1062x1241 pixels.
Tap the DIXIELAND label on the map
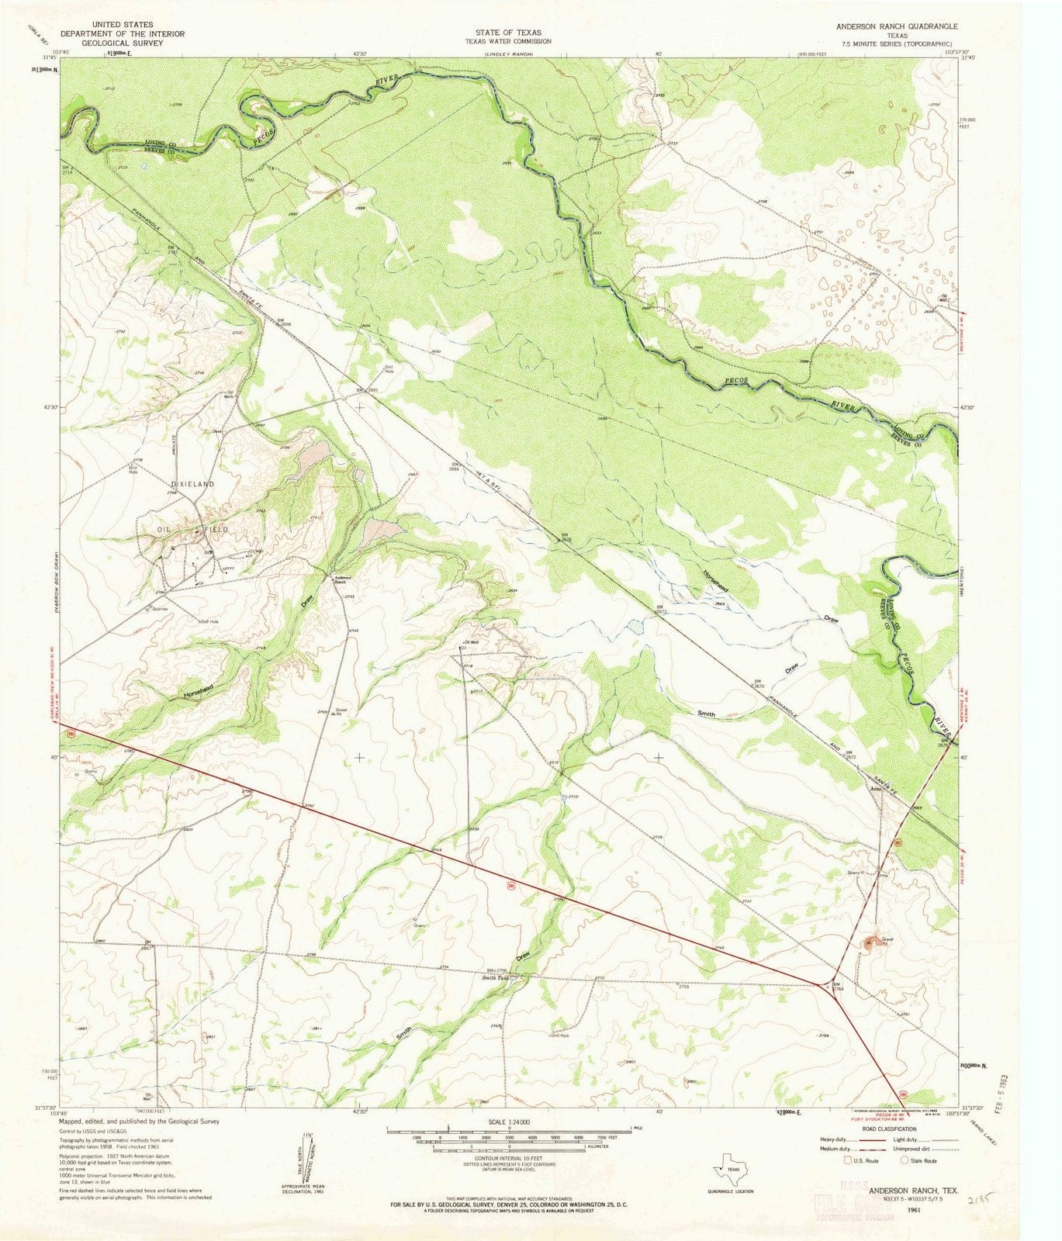coord(192,483)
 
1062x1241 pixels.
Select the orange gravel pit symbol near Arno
coord(868,942)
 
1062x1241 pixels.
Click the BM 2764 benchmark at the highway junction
coord(837,987)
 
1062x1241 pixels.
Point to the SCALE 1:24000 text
coord(509,1122)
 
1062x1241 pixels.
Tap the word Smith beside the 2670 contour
coord(706,712)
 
